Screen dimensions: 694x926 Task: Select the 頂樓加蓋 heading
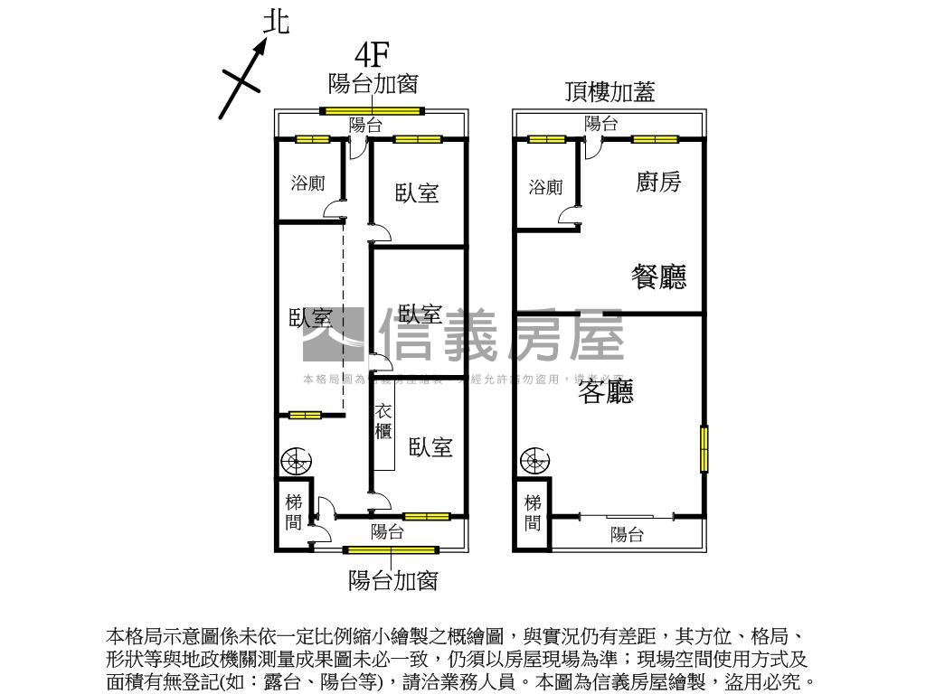coord(609,91)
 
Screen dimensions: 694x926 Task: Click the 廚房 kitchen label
coord(658,183)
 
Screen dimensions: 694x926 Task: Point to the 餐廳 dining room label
coord(658,277)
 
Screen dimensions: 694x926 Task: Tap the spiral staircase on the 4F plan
coord(297,462)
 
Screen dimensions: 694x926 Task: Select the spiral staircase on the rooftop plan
coord(534,462)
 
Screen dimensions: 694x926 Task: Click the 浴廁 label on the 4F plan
coord(307,183)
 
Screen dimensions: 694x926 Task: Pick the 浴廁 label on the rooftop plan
coord(545,187)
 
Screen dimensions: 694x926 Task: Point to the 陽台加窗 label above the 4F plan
coord(373,84)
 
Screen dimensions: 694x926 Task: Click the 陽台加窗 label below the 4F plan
coord(393,581)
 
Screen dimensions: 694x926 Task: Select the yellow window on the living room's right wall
coord(704,448)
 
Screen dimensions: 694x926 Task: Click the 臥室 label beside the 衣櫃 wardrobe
coord(430,447)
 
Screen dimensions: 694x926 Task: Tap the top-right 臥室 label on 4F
coord(417,192)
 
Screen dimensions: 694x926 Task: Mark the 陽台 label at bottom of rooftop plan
coord(626,534)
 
